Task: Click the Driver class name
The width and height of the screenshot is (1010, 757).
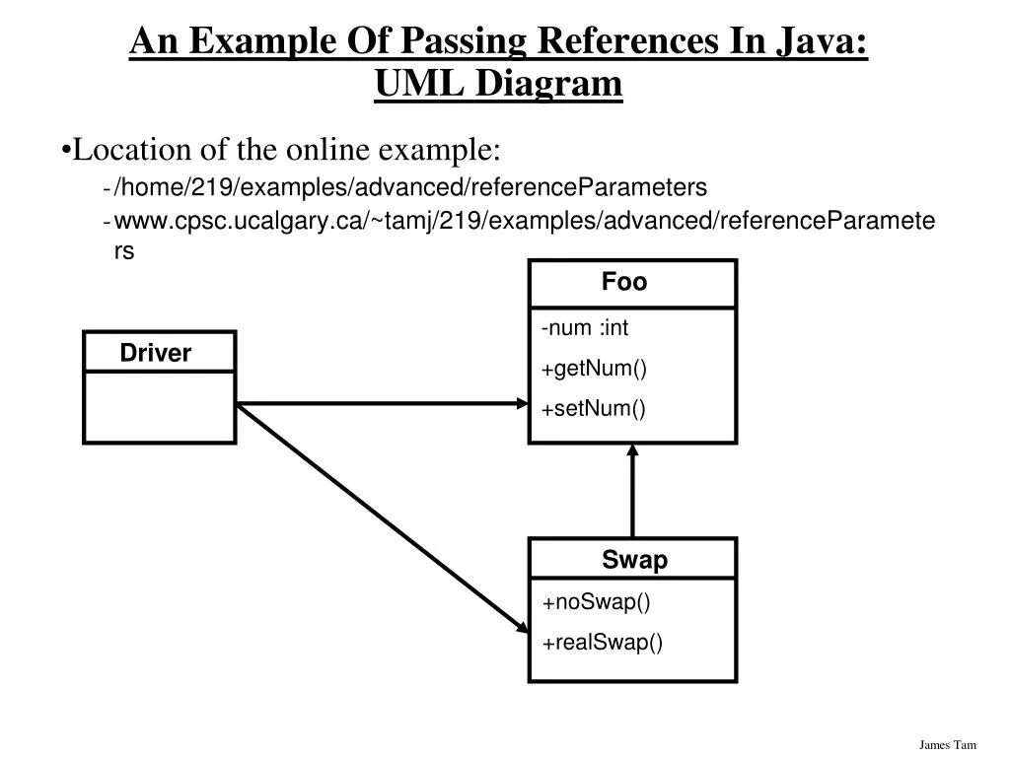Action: (x=156, y=353)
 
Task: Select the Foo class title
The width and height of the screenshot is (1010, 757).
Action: (x=624, y=283)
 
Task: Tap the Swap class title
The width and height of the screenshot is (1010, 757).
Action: (x=634, y=561)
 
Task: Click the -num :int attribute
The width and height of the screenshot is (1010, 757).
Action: (x=585, y=328)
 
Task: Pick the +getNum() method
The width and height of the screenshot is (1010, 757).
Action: (x=594, y=369)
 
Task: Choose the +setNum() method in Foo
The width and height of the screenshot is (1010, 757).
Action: (x=594, y=409)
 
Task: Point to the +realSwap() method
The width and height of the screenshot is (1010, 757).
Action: (x=603, y=643)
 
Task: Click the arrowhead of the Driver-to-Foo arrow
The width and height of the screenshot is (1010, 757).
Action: (x=522, y=402)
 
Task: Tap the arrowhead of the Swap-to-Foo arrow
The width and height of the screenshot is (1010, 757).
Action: (x=632, y=451)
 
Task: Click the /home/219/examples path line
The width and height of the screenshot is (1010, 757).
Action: (x=411, y=186)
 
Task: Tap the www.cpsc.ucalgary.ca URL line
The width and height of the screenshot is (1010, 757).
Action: (x=525, y=221)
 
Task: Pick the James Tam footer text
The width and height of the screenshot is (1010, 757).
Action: (x=947, y=744)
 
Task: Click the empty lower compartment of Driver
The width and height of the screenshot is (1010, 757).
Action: (x=159, y=406)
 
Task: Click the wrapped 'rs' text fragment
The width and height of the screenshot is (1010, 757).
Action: (x=124, y=251)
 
